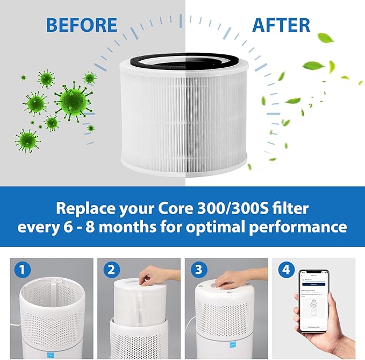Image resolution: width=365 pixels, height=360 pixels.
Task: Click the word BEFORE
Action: pyautogui.click(x=82, y=25)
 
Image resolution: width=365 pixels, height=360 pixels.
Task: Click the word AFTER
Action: pyautogui.click(x=281, y=25)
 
